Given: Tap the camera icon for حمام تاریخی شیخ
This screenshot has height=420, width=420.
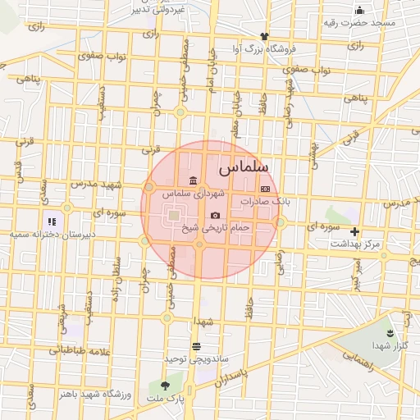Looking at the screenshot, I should (x=215, y=216).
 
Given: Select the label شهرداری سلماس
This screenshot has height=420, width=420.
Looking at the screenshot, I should (x=192, y=194).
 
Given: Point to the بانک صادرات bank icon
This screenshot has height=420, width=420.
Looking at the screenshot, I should (x=264, y=188).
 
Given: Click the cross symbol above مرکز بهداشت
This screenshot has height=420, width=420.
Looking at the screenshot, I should (x=354, y=231).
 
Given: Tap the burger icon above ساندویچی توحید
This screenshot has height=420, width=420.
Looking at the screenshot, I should (x=196, y=345).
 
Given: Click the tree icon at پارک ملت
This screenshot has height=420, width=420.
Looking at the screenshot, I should (x=166, y=385).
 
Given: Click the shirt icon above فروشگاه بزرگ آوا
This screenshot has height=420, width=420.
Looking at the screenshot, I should (x=263, y=36).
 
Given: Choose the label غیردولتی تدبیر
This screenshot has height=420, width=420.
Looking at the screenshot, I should (x=159, y=9).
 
